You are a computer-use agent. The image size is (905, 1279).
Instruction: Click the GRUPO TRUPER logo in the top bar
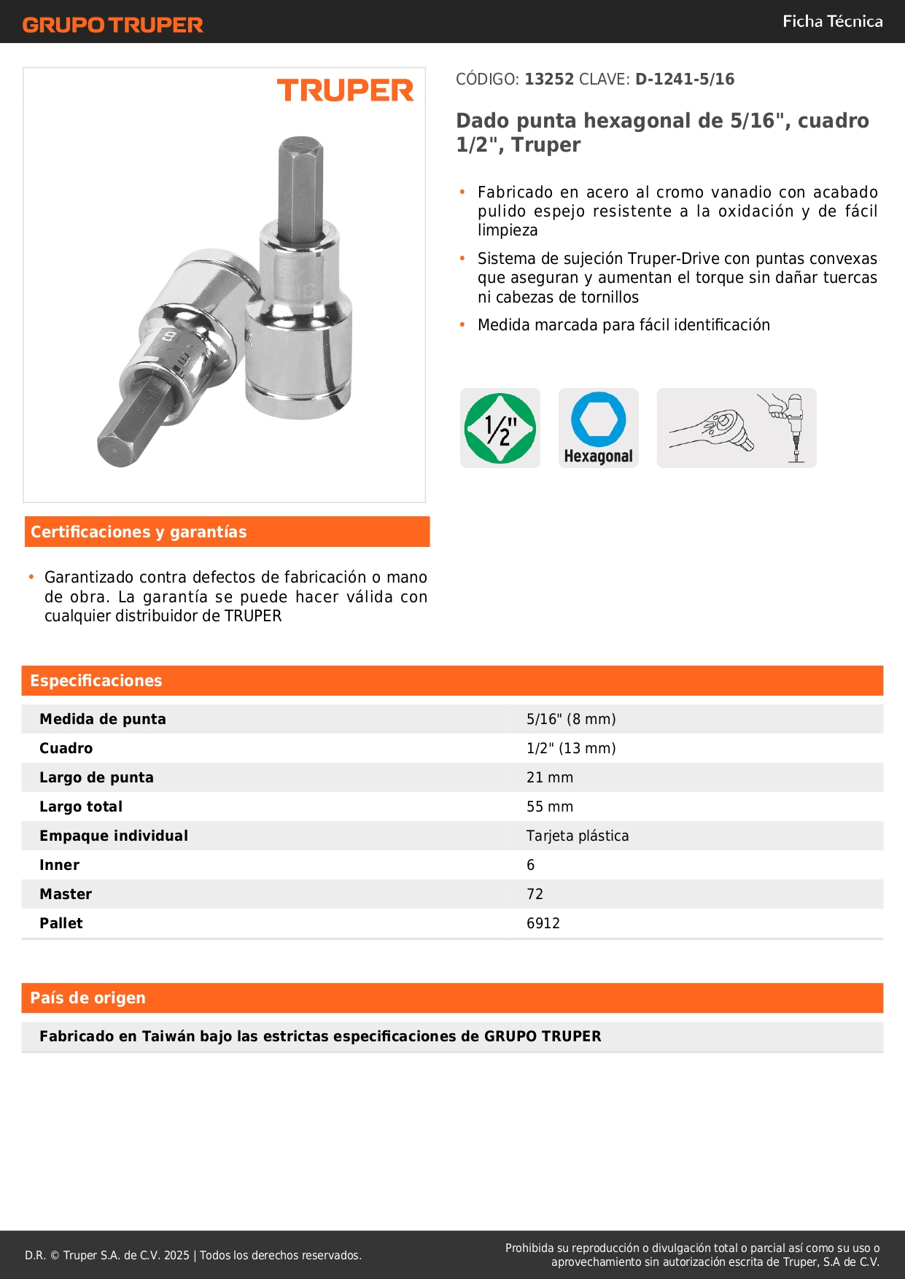tap(112, 25)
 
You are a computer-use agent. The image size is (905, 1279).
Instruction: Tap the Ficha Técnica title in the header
tap(832, 21)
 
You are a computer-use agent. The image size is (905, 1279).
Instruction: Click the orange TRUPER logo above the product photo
tap(345, 90)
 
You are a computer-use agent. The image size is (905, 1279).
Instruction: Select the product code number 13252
tap(549, 79)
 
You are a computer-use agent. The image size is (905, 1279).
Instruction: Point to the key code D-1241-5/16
tap(684, 79)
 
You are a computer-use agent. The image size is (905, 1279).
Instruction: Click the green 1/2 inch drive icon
tap(500, 428)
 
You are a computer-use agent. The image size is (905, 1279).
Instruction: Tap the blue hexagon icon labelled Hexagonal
tap(599, 428)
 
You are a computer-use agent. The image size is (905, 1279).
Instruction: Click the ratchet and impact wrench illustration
tap(737, 428)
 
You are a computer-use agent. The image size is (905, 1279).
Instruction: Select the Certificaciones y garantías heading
tap(139, 532)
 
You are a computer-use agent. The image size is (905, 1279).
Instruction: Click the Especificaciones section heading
tap(96, 681)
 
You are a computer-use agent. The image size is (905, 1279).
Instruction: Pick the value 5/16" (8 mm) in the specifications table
tap(571, 719)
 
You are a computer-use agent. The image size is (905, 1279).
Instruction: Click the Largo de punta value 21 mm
tap(550, 777)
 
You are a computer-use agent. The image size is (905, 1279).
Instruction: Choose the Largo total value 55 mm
tap(550, 806)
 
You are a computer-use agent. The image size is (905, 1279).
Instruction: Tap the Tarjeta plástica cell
tap(578, 836)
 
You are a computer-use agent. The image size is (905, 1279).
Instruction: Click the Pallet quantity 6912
tap(543, 923)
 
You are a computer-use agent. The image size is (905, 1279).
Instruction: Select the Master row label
tap(66, 894)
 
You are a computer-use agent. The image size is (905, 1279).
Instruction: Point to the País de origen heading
tap(88, 998)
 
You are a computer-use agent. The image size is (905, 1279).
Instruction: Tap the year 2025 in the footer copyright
tap(176, 1255)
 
